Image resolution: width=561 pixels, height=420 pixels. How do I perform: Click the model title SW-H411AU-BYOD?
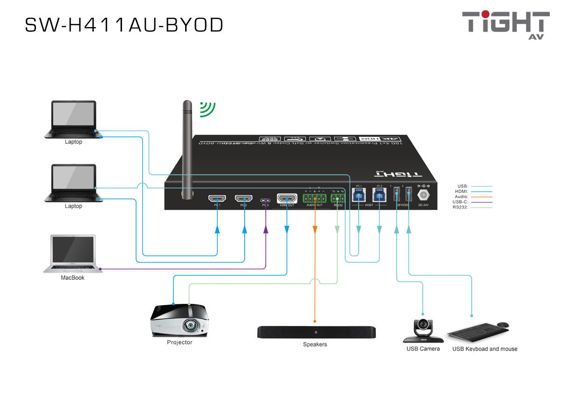pyautogui.click(x=124, y=25)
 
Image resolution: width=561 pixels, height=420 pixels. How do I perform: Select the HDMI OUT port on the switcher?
pyautogui.click(x=287, y=199)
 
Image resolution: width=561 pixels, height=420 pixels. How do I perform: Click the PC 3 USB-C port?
pyautogui.click(x=265, y=200)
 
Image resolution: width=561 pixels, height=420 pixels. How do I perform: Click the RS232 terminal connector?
pyautogui.click(x=338, y=199)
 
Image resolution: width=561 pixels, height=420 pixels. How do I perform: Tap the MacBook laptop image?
pyautogui.click(x=72, y=254)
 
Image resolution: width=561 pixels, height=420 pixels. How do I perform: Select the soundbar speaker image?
pyautogui.click(x=316, y=332)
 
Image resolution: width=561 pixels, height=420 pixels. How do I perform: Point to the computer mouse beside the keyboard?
pyautogui.click(x=503, y=325)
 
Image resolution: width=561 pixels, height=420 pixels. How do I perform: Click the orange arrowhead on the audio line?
pyautogui.click(x=315, y=229)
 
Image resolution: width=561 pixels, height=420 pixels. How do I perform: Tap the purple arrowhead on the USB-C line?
pyautogui.click(x=266, y=229)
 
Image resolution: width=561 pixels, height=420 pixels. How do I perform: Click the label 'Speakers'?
pyautogui.click(x=315, y=344)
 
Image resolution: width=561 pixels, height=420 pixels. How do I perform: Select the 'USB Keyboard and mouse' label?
pyautogui.click(x=484, y=349)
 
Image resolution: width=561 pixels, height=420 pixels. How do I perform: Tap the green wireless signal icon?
pyautogui.click(x=207, y=109)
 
